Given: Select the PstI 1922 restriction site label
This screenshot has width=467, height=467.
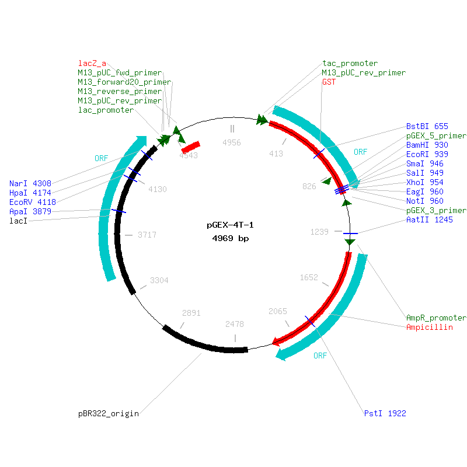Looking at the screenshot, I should [385, 413].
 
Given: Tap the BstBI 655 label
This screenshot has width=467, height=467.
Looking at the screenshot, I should [427, 126].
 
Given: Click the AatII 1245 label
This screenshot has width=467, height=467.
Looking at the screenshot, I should [430, 219].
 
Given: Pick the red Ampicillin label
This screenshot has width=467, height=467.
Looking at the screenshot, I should [430, 327].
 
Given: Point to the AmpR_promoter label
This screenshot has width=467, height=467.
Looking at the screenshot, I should [436, 318].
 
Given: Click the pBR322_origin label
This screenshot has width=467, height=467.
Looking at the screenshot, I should [109, 413].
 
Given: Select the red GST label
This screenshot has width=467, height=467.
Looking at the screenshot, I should [329, 82].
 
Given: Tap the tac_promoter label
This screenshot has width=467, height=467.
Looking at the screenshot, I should [350, 63].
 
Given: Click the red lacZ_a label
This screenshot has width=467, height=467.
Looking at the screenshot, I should [92, 63].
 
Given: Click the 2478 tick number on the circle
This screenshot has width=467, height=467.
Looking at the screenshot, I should [235, 324].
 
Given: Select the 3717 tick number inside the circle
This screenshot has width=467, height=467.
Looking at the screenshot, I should [147, 235].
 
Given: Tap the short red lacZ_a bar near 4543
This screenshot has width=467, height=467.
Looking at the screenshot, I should [190, 146].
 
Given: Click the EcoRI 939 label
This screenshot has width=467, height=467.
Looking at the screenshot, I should [427, 154].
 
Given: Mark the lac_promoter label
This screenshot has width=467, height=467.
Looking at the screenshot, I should [106, 110].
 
